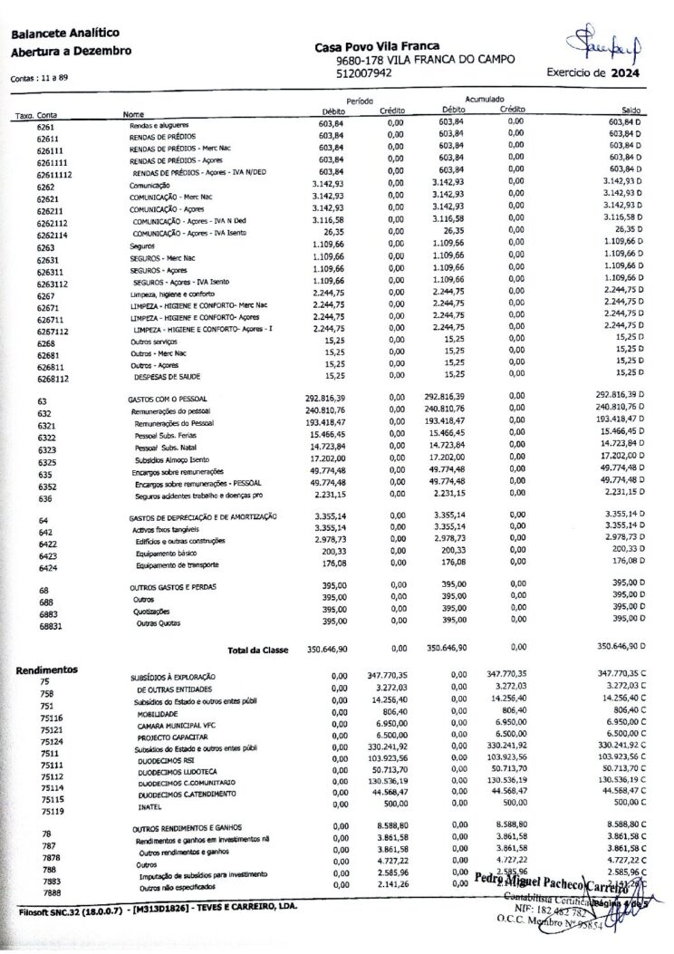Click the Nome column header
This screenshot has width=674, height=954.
coord(133,114)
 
